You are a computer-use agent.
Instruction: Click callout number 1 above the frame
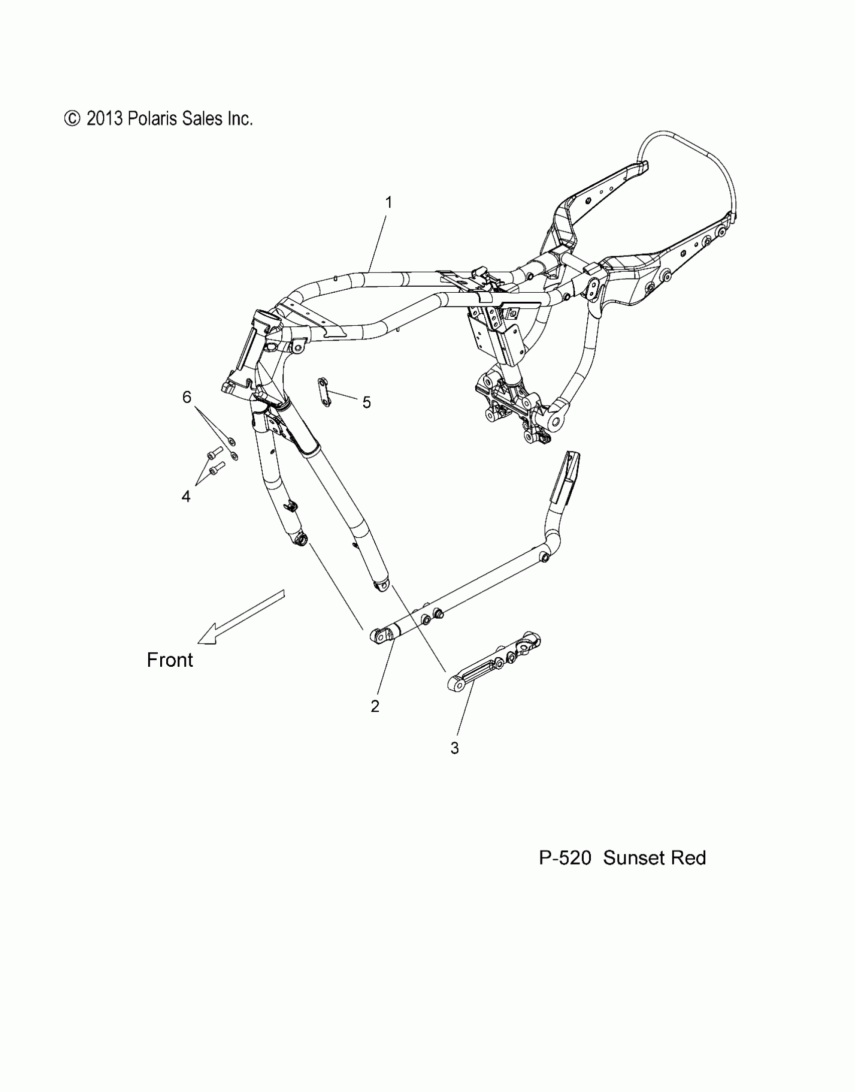point(388,202)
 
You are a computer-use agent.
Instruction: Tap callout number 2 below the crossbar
point(375,706)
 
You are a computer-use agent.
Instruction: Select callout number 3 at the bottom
point(455,762)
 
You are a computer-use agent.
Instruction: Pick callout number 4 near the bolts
point(186,497)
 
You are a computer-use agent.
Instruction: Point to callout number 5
point(367,402)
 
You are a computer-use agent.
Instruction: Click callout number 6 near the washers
point(187,397)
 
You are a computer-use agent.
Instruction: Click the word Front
point(170,660)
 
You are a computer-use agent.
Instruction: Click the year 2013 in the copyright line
point(104,118)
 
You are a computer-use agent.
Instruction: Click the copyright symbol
point(72,118)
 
